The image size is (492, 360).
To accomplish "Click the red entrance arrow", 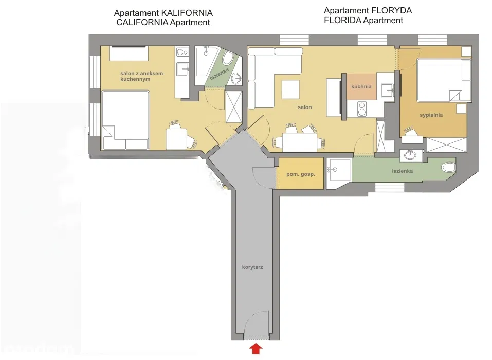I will (256, 350).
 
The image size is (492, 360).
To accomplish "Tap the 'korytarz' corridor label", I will (252, 267).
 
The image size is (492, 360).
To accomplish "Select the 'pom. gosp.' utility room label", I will (300, 174).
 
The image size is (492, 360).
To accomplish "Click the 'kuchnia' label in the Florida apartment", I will (361, 86).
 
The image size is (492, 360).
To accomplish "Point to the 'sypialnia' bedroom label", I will (431, 115).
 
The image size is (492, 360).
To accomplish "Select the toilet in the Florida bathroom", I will (448, 167).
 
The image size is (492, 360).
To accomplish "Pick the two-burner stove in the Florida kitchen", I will (361, 109).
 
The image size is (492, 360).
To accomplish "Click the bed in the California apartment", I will (125, 120).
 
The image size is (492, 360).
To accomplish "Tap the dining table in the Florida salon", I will (299, 142).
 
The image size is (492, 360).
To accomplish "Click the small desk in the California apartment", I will (176, 138).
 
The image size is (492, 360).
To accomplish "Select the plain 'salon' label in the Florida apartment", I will (304, 107).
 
